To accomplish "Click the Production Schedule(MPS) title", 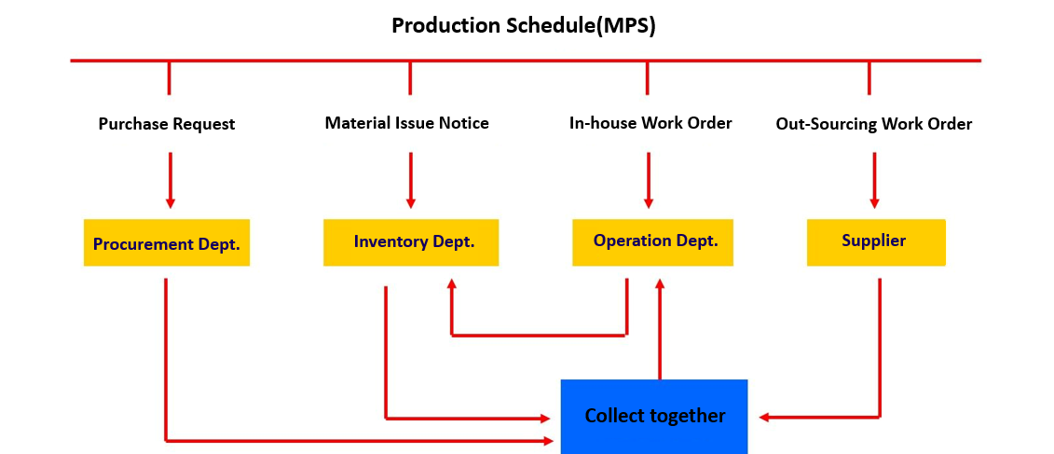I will [523, 25].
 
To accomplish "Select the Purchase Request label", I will [167, 124].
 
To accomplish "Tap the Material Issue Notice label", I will [406, 123].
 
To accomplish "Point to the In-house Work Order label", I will [650, 123].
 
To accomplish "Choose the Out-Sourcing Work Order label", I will [873, 124].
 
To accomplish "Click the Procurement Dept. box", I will [167, 243].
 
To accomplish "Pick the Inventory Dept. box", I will [411, 242].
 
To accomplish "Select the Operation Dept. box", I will [652, 241].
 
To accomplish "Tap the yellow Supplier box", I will [875, 241].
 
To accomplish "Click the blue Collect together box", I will [654, 416].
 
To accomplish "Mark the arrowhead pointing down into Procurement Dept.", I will [170, 201].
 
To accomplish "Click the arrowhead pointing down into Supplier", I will [874, 201].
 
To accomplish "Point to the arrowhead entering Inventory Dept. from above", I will [411, 201].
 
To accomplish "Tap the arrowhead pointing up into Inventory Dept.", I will [452, 284].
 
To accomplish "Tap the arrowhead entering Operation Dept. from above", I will [649, 201].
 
